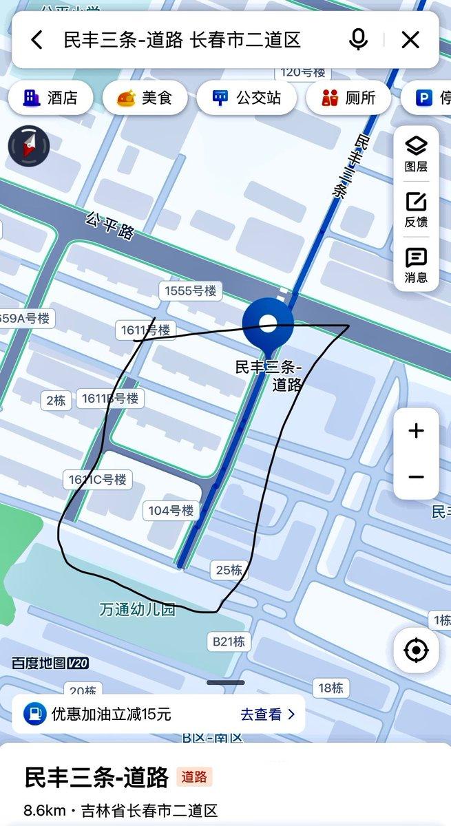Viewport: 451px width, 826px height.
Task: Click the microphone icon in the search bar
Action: (358, 40)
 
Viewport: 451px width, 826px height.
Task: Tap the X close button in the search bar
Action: (410, 40)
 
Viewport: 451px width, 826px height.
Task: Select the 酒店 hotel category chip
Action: (50, 98)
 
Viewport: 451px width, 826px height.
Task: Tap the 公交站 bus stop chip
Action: (246, 98)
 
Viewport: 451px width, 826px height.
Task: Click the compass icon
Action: (29, 147)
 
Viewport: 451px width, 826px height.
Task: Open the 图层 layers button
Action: (416, 153)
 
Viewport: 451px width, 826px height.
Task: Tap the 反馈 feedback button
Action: (416, 210)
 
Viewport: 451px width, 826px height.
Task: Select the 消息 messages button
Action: (416, 266)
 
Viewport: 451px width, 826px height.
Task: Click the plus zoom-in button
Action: (416, 432)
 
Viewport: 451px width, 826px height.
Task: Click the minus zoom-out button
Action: (416, 477)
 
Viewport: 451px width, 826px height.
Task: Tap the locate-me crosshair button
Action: (416, 650)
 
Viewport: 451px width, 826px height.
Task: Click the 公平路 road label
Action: (109, 225)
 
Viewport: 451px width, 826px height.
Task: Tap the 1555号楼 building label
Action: (190, 291)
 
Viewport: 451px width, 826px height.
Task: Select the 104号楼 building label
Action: (171, 511)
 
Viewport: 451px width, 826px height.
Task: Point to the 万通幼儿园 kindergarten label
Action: (137, 609)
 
